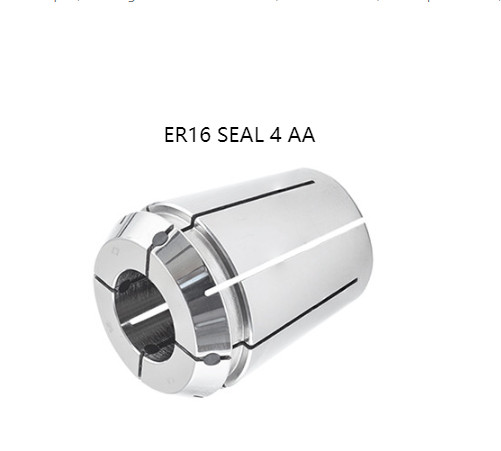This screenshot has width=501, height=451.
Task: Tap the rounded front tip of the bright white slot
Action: [208, 293]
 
